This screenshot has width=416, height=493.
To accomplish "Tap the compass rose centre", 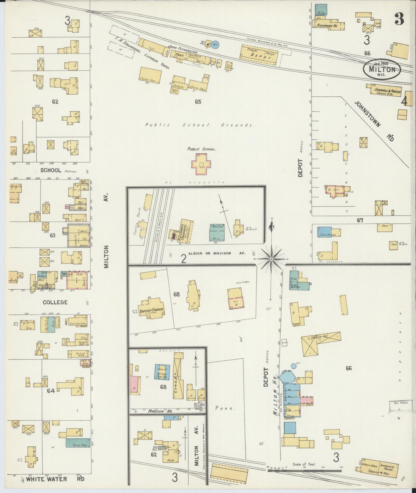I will coord(271,259).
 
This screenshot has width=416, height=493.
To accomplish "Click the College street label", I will coord(55,302).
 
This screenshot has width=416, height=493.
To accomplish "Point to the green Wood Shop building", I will coord(218,232).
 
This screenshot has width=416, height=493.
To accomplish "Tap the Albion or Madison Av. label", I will coord(217,253).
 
